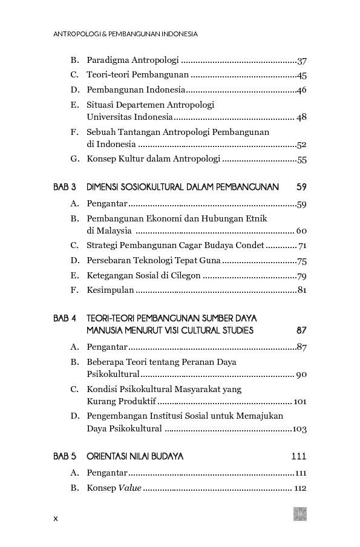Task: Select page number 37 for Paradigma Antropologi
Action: (302, 61)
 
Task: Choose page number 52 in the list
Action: (302, 145)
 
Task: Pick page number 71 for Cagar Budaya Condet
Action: (302, 246)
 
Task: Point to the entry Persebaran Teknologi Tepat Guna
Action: (154, 261)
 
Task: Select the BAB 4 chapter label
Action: (65, 318)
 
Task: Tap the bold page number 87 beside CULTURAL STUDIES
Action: (301, 330)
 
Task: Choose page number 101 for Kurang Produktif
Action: (299, 402)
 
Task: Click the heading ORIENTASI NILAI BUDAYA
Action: (135, 456)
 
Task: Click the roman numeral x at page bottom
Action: (56, 519)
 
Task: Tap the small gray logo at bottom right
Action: (300, 514)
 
